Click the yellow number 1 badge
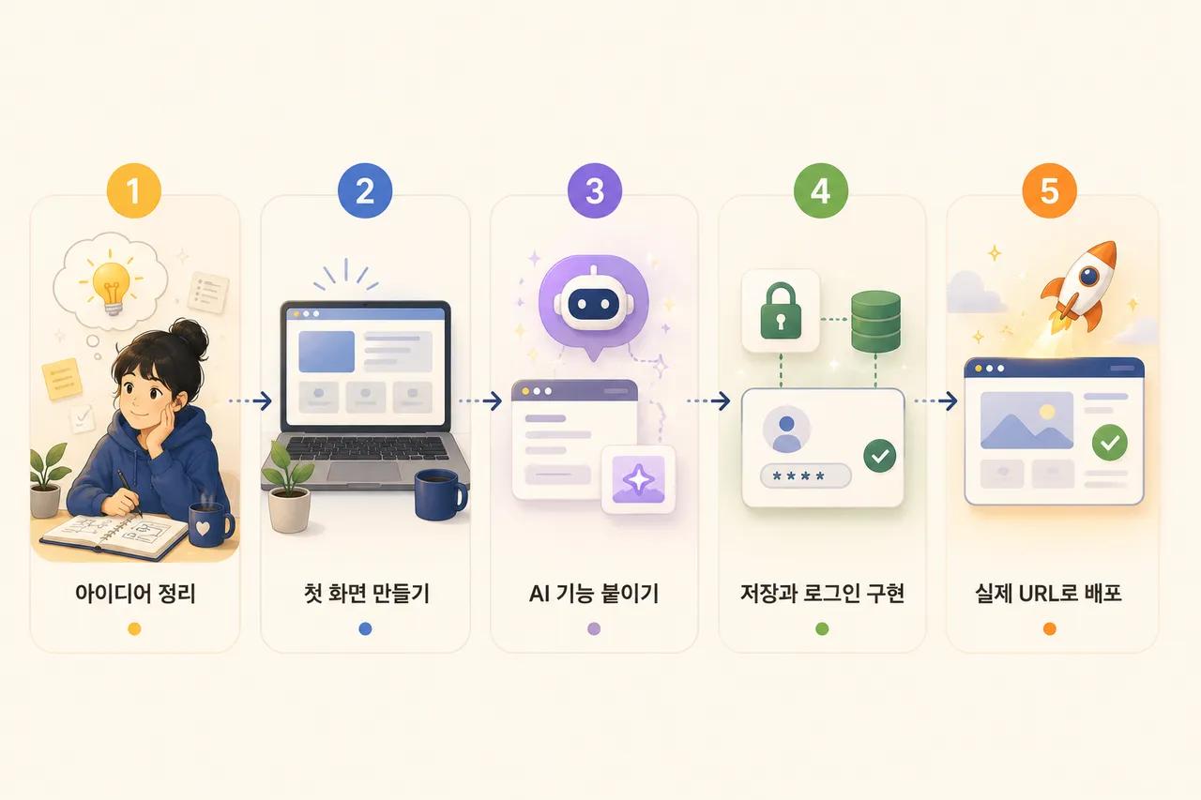[134, 190]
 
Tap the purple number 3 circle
[595, 190]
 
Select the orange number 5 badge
[1049, 190]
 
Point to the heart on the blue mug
[202, 528]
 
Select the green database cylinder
[875, 321]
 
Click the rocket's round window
[1089, 276]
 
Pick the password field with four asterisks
[805, 475]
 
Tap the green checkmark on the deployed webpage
[1109, 443]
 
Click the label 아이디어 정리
[135, 594]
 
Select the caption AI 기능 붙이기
[594, 594]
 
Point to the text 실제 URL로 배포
[1048, 594]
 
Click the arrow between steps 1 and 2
[251, 400]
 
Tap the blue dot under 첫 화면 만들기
[365, 628]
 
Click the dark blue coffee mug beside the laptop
[440, 495]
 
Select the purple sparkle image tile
[638, 479]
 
